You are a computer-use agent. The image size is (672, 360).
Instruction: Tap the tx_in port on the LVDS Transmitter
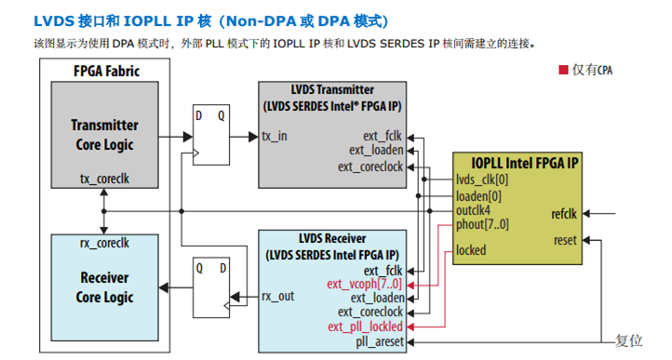[276, 136]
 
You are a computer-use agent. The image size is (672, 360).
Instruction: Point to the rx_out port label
[278, 297]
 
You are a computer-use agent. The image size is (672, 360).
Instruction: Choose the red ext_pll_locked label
[365, 327]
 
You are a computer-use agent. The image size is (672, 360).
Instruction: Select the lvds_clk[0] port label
[482, 180]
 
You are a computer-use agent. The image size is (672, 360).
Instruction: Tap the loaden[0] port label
[478, 195]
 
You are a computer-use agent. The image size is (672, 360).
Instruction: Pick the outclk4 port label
[475, 210]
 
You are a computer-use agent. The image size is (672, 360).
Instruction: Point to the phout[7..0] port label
[482, 224]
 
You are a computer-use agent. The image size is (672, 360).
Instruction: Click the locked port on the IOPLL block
[471, 250]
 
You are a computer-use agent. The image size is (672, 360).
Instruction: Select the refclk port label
[564, 213]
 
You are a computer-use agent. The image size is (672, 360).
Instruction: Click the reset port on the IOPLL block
[565, 240]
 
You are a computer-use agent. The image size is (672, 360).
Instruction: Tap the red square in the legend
[562, 70]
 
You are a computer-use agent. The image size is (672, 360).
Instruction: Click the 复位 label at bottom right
[629, 341]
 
